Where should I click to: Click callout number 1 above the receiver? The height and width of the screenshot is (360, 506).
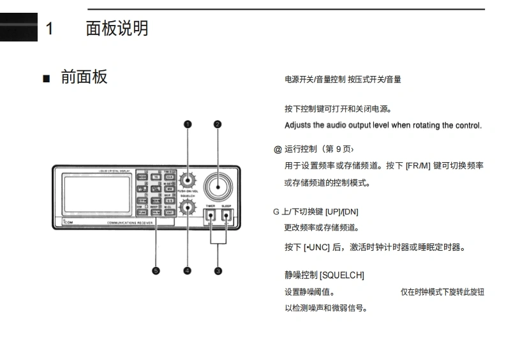[188, 124]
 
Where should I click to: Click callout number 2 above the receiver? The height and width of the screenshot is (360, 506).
[218, 124]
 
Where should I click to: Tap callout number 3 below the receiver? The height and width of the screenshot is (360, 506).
[218, 271]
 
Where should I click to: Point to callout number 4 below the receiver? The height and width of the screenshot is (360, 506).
[188, 271]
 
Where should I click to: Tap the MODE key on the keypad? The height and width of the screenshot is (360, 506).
[142, 177]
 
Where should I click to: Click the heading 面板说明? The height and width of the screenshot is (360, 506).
[117, 29]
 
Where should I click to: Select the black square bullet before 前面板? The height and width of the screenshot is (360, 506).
[45, 79]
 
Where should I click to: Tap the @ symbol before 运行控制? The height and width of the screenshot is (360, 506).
[278, 149]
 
